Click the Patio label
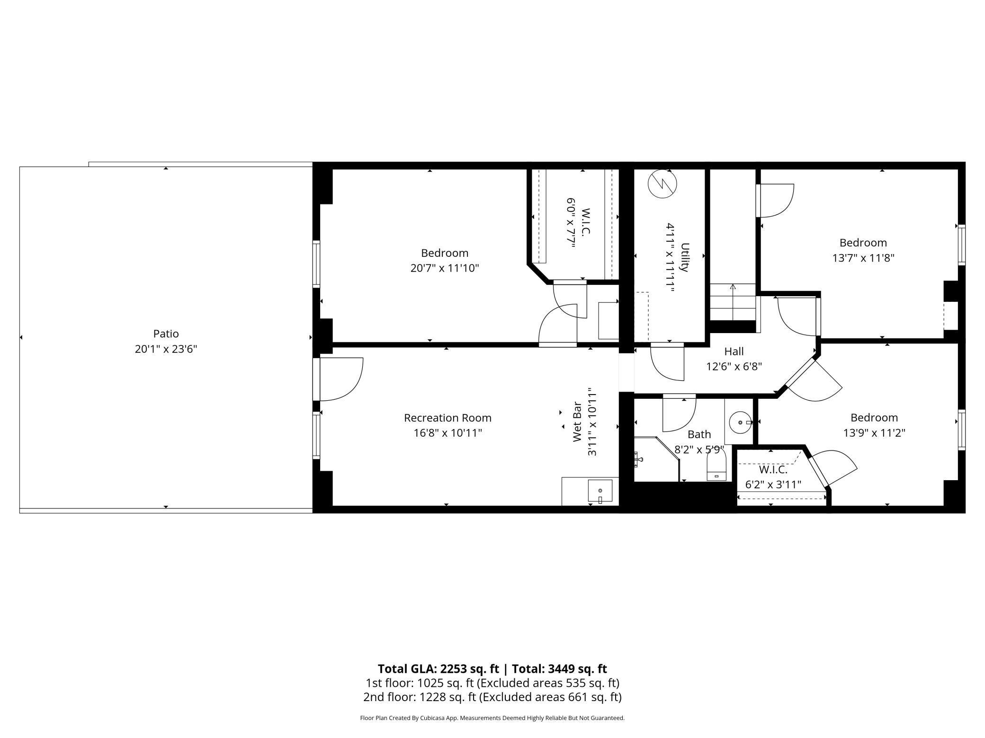pos(166,334)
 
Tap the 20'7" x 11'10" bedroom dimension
pos(444,268)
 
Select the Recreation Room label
pos(448,418)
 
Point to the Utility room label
pos(684,257)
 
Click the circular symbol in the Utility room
pos(663,184)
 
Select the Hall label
pos(734,351)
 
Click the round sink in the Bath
pos(740,422)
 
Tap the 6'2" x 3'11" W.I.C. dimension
pos(773,484)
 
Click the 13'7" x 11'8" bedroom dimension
pos(863,258)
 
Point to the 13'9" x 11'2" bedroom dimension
pos(874,433)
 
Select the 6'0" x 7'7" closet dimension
pos(571,222)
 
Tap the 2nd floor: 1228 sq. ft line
pos(492,697)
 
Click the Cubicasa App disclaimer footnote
pos(492,718)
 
